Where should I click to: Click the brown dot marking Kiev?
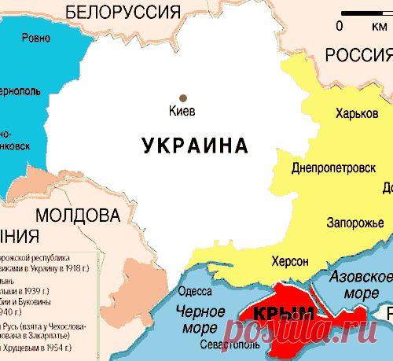pos(183,98)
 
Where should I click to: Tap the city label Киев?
pos(182,111)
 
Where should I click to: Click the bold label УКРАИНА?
pos(195,146)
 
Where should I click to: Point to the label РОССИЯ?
pos(358,54)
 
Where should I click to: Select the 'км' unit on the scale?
pos(367,25)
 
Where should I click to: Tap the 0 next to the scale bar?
pos(340,25)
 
